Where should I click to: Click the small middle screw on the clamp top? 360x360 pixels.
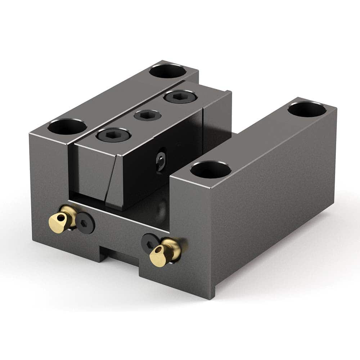(147, 115)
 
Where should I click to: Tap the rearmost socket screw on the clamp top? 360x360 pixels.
(180, 96)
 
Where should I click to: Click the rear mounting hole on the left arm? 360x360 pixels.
(167, 71)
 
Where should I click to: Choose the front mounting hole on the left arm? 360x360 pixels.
(67, 127)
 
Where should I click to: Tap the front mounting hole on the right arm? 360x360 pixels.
(211, 170)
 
